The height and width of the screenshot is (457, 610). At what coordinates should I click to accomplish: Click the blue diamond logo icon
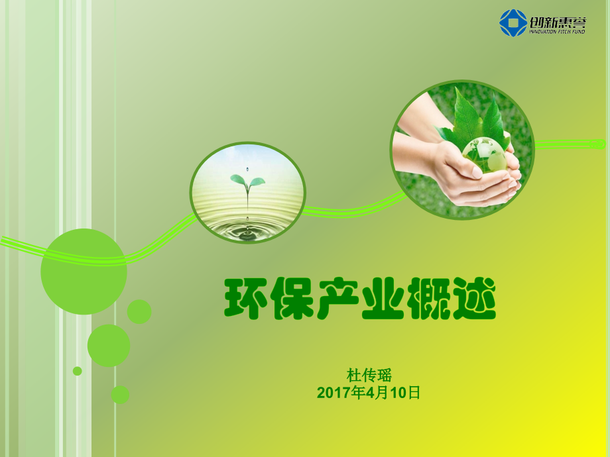point(514,23)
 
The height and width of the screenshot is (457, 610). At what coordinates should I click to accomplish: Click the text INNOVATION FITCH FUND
point(557,31)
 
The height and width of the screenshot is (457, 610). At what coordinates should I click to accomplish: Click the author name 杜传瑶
point(369,376)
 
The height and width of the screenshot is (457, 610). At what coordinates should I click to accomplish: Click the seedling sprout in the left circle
point(247,180)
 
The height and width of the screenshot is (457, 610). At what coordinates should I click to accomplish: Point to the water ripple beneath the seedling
point(248,228)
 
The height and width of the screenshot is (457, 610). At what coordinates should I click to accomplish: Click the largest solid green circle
point(84,272)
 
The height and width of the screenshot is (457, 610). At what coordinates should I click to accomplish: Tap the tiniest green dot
point(78,371)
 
